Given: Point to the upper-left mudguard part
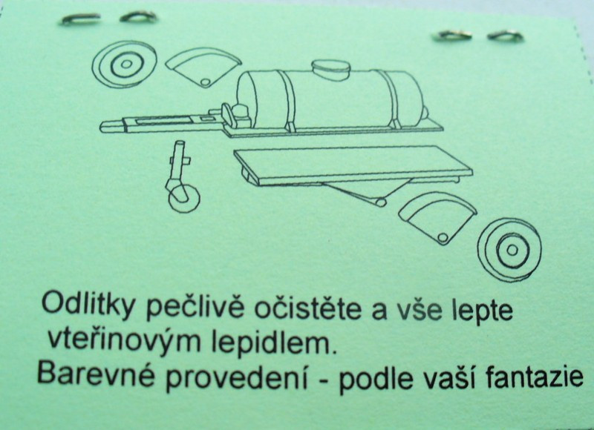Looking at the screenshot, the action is pos(203,67).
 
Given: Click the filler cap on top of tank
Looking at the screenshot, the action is pos(330,69).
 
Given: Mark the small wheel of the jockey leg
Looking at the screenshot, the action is pos(184,198).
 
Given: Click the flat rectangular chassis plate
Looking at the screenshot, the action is pos(353,165).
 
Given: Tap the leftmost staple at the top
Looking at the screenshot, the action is pos(81,19).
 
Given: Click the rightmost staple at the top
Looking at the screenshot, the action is pos(506,36).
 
